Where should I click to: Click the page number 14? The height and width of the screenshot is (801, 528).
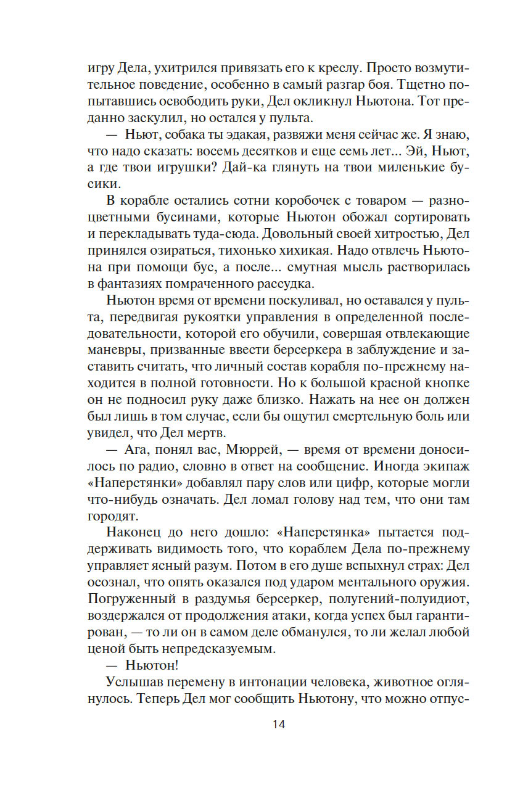pos(278,724)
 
